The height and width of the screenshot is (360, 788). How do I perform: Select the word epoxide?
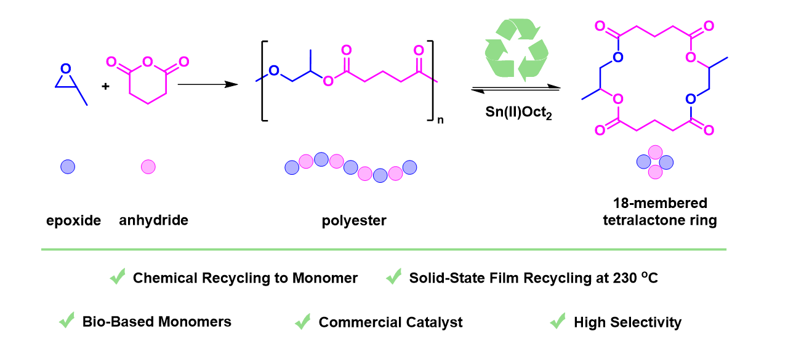73,220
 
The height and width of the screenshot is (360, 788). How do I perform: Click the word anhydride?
154,220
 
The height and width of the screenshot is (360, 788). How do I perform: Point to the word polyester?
354,220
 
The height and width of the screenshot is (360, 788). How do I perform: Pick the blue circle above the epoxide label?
68,166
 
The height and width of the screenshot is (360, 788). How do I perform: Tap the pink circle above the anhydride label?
148,166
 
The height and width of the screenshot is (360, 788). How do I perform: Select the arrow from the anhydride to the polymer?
207,84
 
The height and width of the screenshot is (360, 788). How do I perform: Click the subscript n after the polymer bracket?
440,121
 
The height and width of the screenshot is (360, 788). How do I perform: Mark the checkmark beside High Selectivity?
558,321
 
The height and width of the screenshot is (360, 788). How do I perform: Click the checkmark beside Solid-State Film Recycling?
393,278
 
